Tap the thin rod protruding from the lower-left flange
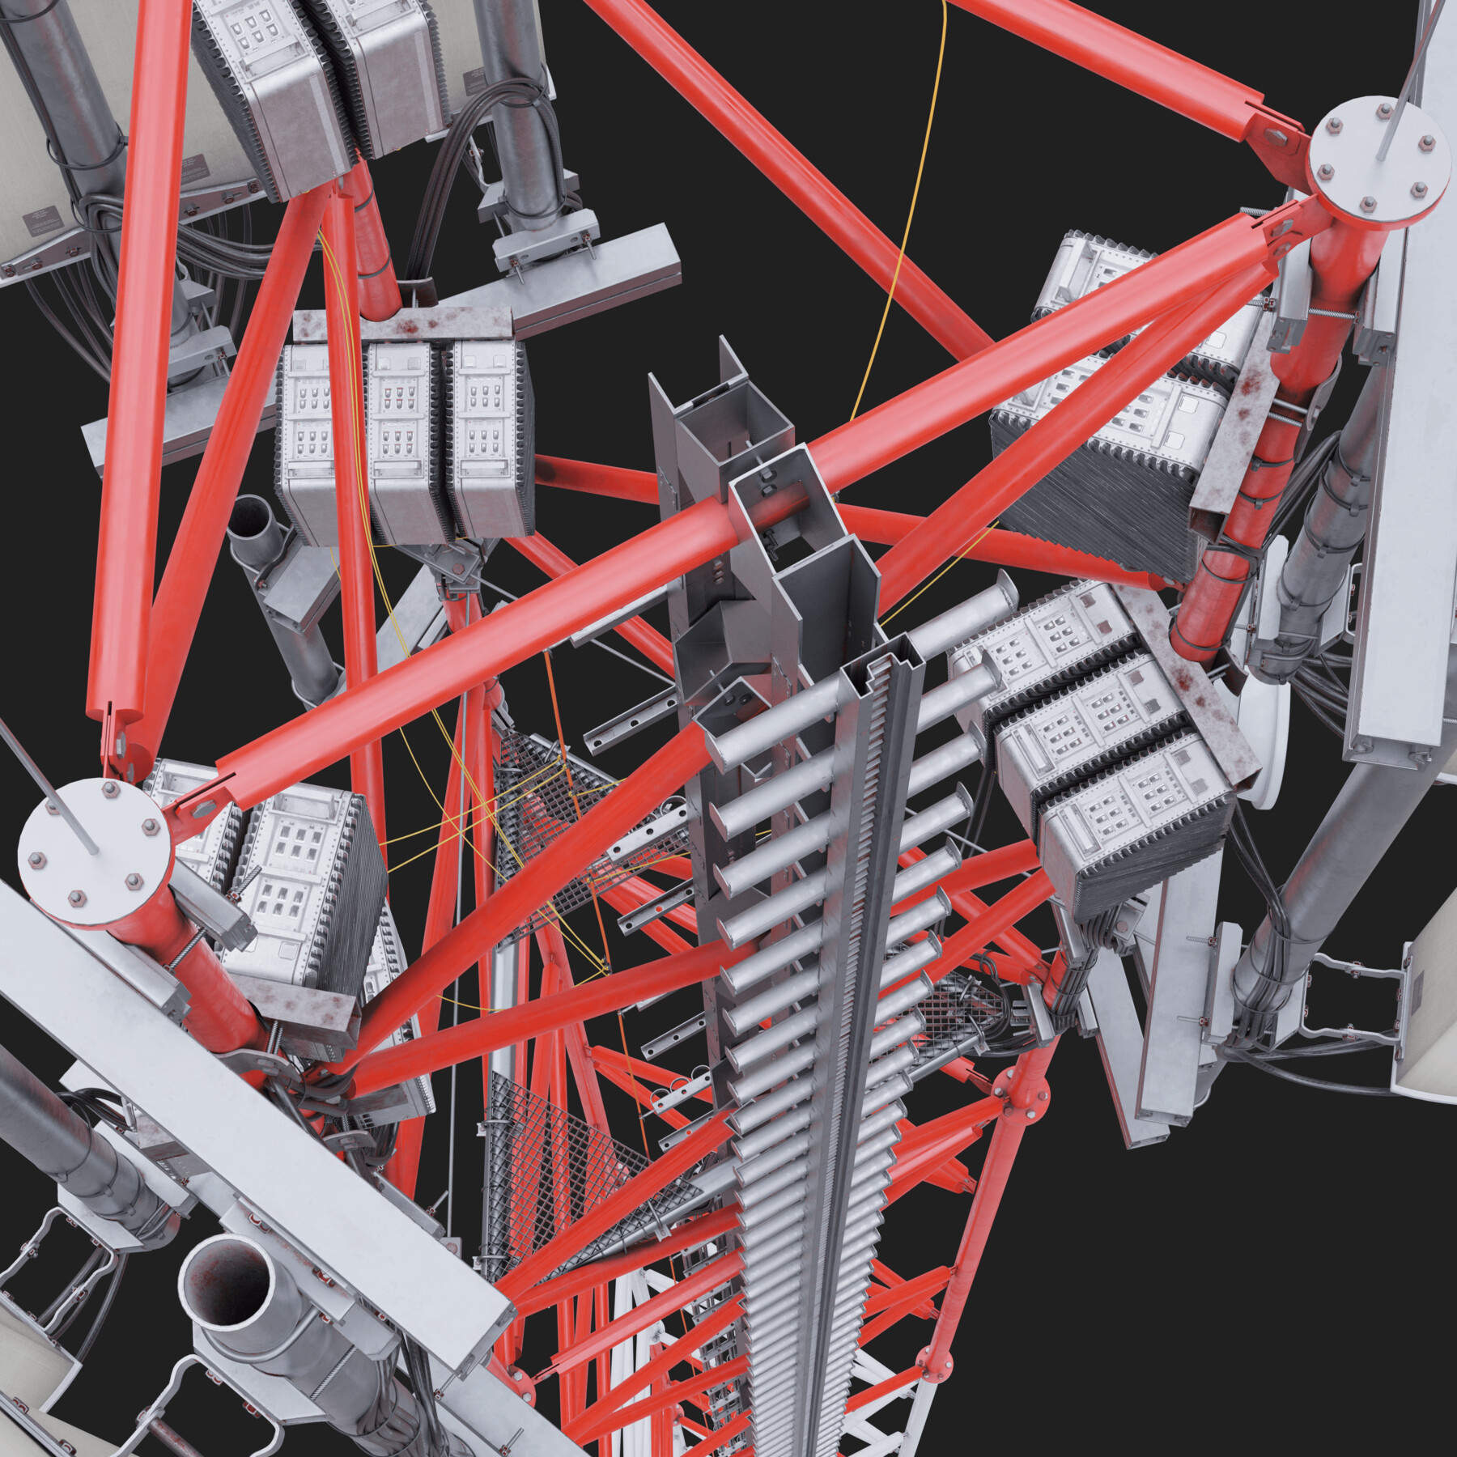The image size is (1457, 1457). coord(49,793)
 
